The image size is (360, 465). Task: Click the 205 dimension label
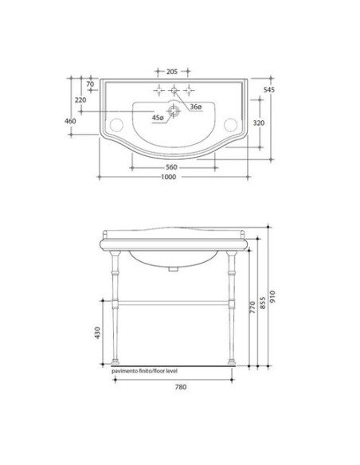pyautogui.click(x=172, y=72)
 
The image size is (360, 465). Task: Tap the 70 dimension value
pyautogui.click(x=90, y=84)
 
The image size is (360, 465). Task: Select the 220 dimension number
pyautogui.click(x=80, y=100)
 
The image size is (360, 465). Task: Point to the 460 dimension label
pyautogui.click(x=70, y=121)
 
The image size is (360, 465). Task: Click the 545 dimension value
pyautogui.click(x=269, y=89)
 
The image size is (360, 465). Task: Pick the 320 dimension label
pyautogui.click(x=259, y=123)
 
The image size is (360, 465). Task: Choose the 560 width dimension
pyautogui.click(x=171, y=167)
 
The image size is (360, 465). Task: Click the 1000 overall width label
pyautogui.click(x=168, y=177)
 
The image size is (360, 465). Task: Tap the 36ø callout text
pyautogui.click(x=196, y=107)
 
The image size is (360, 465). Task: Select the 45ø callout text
pyautogui.click(x=158, y=118)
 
